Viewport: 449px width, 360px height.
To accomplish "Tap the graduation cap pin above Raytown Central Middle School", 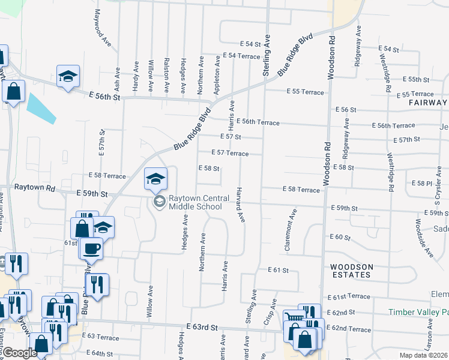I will pos(155,179).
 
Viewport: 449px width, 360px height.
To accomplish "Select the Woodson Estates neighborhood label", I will pos(351,270).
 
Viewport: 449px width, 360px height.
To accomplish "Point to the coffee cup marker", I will pos(91,247).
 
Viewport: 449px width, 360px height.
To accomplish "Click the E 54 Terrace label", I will pos(241,55).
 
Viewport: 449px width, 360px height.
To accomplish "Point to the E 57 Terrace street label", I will pos(229,154).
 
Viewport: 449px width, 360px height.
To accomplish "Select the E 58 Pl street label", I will pos(421,182).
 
